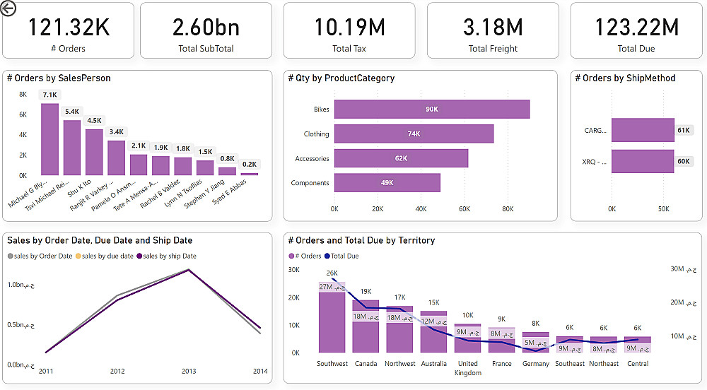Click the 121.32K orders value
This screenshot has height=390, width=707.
[x=69, y=27]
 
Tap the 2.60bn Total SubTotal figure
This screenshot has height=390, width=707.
[x=206, y=27]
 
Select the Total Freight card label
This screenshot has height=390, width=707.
[x=493, y=49]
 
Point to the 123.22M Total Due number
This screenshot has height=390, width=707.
[x=636, y=27]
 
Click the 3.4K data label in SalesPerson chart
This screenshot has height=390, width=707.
[x=116, y=131]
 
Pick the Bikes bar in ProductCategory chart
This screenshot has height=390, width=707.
[x=431, y=110]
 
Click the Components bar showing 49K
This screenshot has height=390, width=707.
[x=387, y=183]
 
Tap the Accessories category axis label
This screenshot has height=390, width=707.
[x=312, y=159]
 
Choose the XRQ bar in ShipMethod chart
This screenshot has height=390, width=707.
[x=643, y=161]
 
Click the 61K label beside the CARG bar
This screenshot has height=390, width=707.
[x=684, y=130]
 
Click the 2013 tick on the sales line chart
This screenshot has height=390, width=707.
[x=188, y=371]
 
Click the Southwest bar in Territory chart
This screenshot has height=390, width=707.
[x=332, y=321]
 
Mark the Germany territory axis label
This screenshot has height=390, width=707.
[x=535, y=364]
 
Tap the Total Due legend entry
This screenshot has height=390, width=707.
[x=344, y=256]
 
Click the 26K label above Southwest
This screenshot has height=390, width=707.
[x=332, y=273]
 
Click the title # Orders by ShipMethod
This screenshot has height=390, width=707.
[x=625, y=78]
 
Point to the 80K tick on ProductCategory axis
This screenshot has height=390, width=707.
[x=508, y=209]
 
